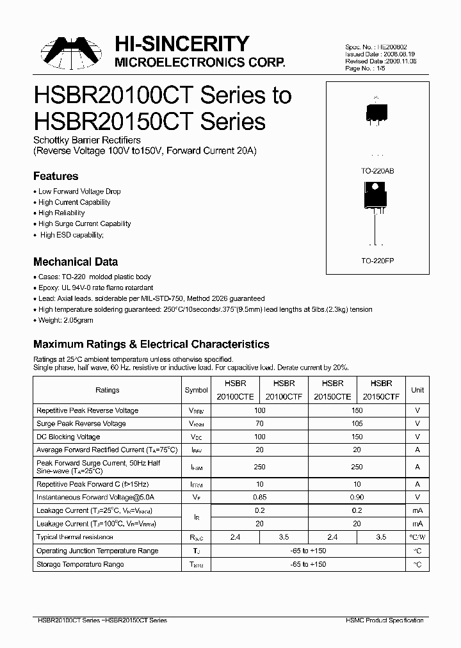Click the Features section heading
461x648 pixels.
tap(56, 176)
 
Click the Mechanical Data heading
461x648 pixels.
tap(76, 262)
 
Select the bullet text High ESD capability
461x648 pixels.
tap(70, 235)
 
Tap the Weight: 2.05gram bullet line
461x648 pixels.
tap(65, 320)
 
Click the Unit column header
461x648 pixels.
tap(417, 390)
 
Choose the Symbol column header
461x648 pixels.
tap(196, 390)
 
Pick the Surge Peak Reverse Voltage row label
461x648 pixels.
tap(81, 423)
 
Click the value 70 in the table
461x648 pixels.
tap(259, 423)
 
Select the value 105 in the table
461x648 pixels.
tap(357, 423)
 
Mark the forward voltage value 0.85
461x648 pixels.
tap(259, 497)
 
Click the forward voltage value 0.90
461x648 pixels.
tap(357, 497)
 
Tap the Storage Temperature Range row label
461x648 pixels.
tap(80, 564)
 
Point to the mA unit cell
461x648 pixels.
tap(417, 510)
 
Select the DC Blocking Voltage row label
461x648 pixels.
tap(69, 437)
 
